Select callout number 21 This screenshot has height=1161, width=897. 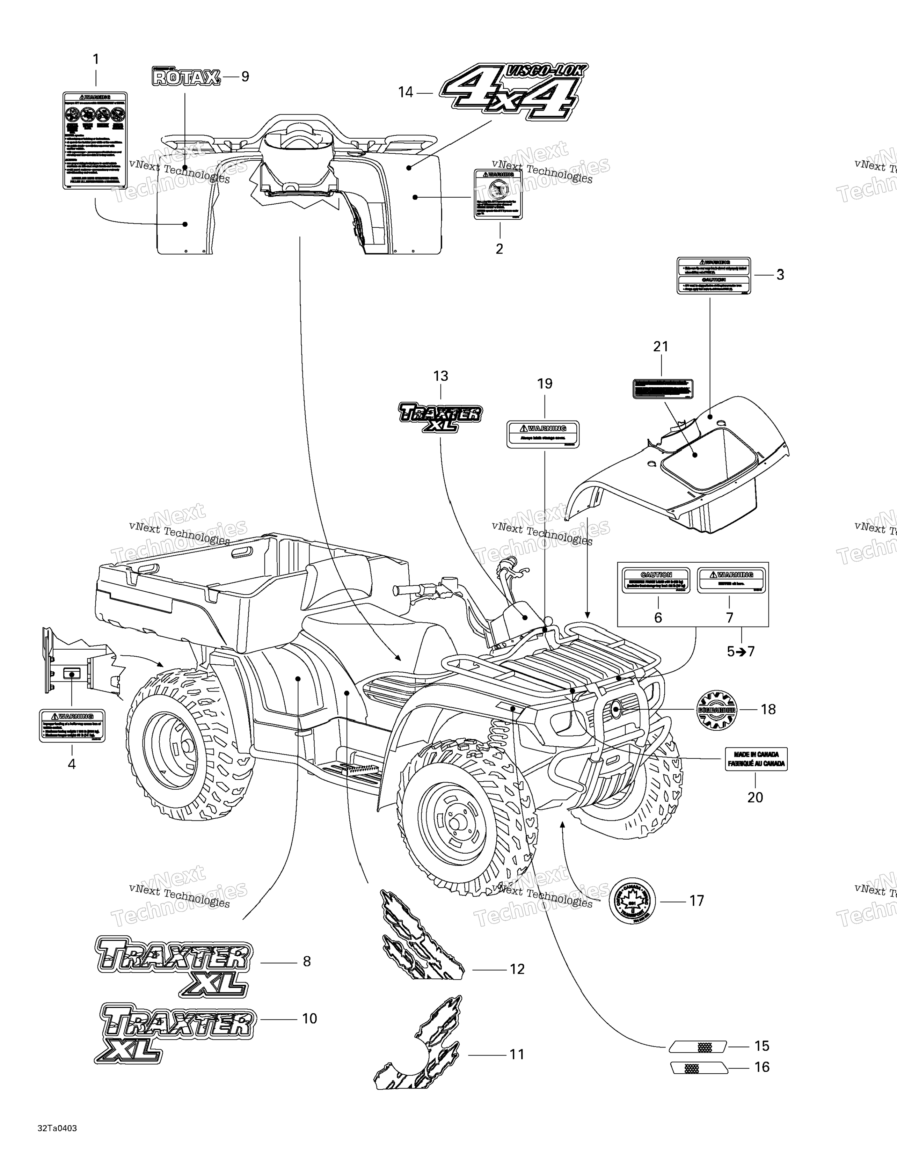click(x=661, y=346)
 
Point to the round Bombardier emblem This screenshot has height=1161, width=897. click(x=716, y=709)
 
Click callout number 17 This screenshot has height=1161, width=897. click(x=697, y=900)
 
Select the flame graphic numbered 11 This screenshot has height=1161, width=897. click(x=420, y=1053)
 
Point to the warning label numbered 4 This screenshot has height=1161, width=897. click(x=72, y=725)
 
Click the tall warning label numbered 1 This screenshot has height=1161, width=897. click(x=95, y=140)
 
